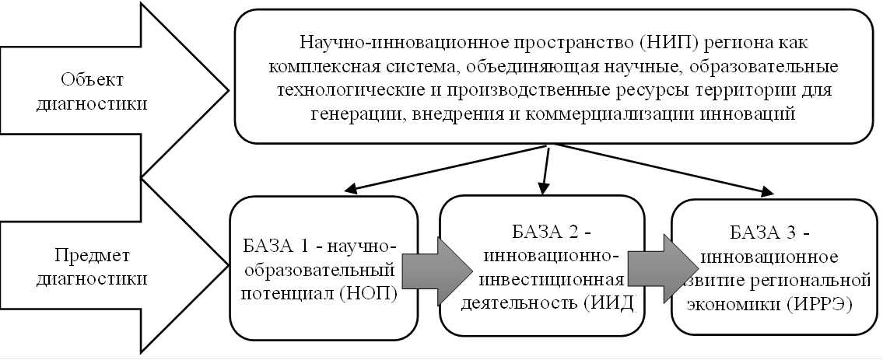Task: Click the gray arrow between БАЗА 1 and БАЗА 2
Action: click(x=436, y=271)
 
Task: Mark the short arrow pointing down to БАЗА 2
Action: click(x=545, y=170)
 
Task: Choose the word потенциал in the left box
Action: click(x=279, y=294)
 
